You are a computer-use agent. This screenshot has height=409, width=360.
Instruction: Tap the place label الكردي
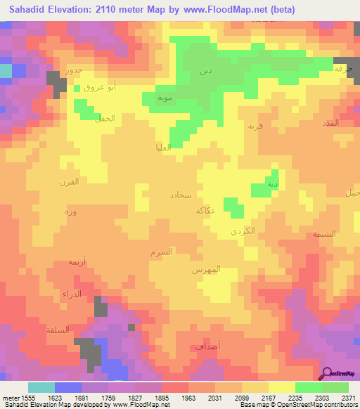(x=243, y=231)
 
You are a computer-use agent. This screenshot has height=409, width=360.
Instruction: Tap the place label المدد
(x=329, y=122)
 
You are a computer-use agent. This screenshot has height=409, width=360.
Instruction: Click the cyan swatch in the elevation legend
(x=41, y=387)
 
